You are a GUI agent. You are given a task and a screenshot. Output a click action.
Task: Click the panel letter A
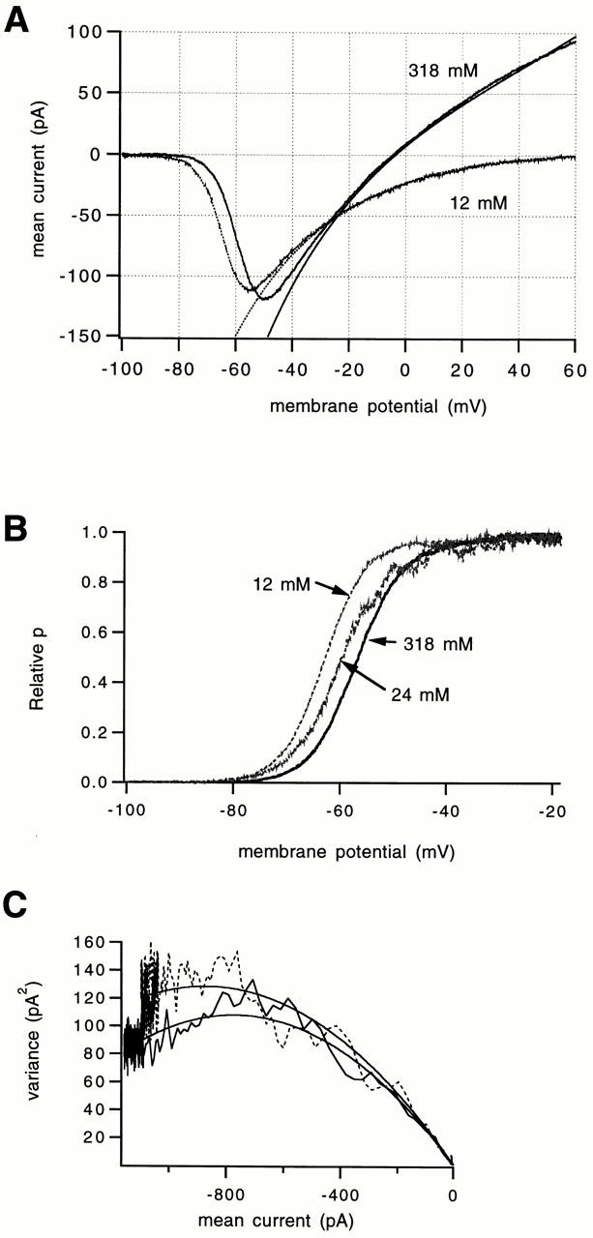(x=17, y=18)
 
